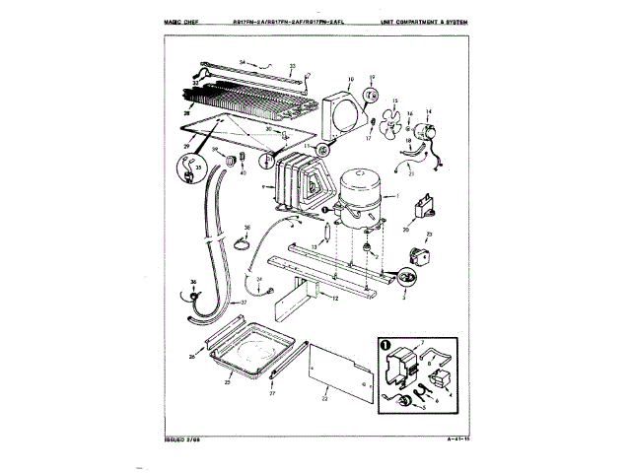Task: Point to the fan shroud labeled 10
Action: (x=340, y=111)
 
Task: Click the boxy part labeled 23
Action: (x=418, y=254)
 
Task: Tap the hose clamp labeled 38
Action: (x=244, y=245)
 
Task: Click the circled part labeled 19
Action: (x=372, y=96)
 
